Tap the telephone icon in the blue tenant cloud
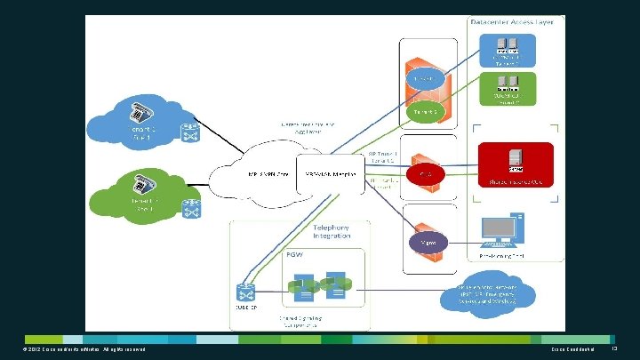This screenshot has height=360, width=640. [140, 113]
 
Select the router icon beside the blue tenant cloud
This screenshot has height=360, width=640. [190, 132]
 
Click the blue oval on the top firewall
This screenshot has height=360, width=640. [427, 80]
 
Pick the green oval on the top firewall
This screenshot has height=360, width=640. [426, 113]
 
